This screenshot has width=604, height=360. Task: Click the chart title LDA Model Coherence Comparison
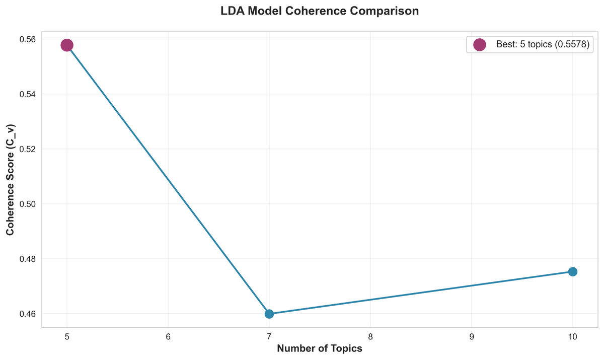pyautogui.click(x=320, y=11)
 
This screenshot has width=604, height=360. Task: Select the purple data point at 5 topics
pyautogui.click(x=67, y=45)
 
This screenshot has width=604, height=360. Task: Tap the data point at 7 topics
pyautogui.click(x=269, y=314)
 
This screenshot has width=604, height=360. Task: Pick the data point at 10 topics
pyautogui.click(x=572, y=271)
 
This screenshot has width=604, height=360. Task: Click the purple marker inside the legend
pyautogui.click(x=480, y=45)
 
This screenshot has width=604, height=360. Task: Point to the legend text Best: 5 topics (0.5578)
pyautogui.click(x=542, y=45)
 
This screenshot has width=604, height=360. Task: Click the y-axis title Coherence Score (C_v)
pyautogui.click(x=10, y=179)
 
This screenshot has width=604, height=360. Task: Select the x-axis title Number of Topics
pyautogui.click(x=320, y=348)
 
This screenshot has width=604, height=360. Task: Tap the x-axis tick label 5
pyautogui.click(x=67, y=336)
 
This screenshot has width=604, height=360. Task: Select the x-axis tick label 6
pyautogui.click(x=168, y=336)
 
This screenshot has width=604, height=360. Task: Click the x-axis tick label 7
pyautogui.click(x=269, y=336)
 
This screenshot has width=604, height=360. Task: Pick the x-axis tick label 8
pyautogui.click(x=370, y=336)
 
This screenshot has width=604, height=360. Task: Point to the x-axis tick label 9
pyautogui.click(x=472, y=336)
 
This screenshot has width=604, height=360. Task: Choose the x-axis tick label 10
pyautogui.click(x=572, y=336)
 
